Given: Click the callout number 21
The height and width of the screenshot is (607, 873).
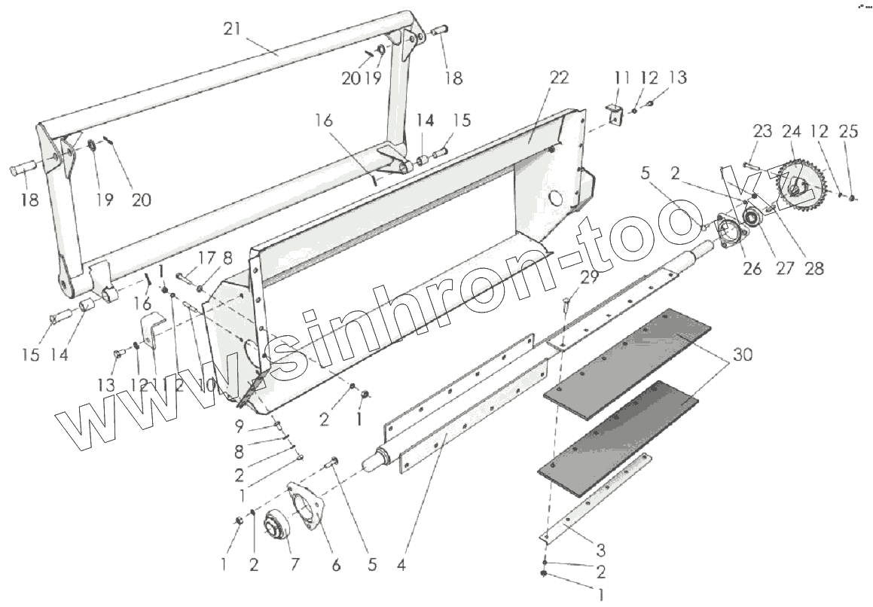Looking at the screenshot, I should (x=233, y=29).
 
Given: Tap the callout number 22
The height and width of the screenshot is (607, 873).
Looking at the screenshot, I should (x=559, y=78).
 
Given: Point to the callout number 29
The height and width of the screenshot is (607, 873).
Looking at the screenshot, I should (x=589, y=278).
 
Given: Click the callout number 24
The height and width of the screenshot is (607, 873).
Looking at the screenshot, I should (x=791, y=132).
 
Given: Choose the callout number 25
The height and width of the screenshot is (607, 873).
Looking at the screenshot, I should (x=848, y=132).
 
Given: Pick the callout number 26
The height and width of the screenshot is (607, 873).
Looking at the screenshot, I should (x=752, y=267).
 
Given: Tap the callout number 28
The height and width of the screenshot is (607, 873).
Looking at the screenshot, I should (x=814, y=267).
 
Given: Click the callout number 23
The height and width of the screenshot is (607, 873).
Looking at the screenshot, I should (x=762, y=132).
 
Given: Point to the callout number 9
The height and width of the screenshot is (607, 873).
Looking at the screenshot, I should (x=239, y=426).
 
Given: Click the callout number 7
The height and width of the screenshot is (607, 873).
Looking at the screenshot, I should (x=294, y=564).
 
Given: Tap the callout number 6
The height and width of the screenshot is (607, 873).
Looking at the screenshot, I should (x=336, y=564).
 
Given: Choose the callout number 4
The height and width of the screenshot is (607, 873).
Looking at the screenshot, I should (x=401, y=564).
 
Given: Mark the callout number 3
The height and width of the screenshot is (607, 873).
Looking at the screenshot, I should (x=600, y=547).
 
